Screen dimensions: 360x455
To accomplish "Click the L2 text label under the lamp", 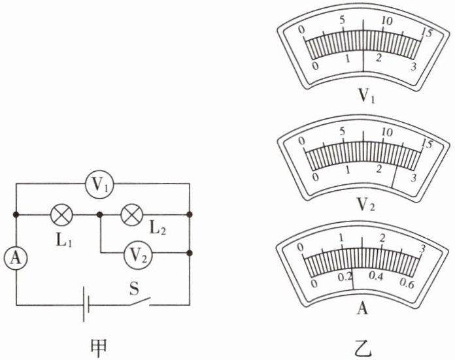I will pos(156,229).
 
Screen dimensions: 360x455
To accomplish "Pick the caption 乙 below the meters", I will pos(363,348).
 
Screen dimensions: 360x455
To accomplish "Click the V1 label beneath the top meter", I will pos(363,99).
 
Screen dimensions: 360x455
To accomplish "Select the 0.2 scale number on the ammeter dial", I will pos(345,278).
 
